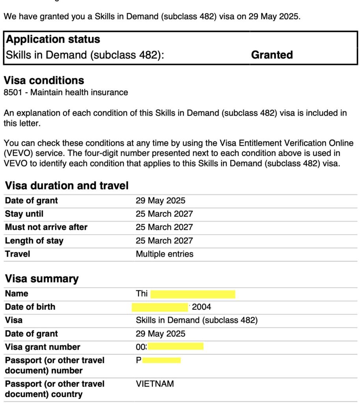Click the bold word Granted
tap(272, 55)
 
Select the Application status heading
tap(53, 39)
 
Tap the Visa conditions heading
tap(44, 80)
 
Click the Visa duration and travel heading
tap(67, 185)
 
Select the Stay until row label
tap(24, 214)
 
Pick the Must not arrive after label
tap(46, 227)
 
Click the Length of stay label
tap(34, 240)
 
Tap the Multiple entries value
tap(164, 254)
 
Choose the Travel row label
tap(17, 254)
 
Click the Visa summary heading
tap(42, 279)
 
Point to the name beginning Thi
tap(141, 294)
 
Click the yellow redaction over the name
tap(193, 294)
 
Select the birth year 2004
tap(201, 307)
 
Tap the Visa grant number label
tap(42, 347)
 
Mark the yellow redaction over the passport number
tap(161, 360)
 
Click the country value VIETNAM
tap(154, 384)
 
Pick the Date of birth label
tap(30, 307)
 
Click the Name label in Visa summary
tap(17, 294)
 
